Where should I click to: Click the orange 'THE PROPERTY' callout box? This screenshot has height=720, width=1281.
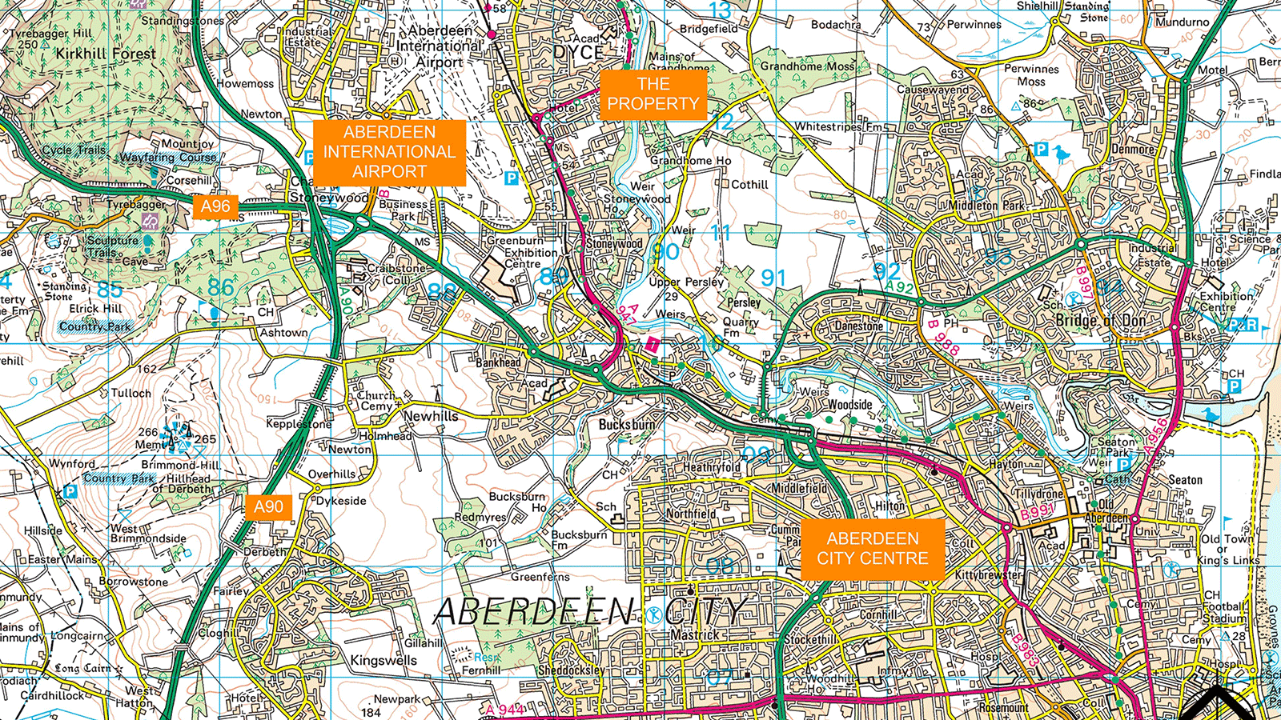click(653, 94)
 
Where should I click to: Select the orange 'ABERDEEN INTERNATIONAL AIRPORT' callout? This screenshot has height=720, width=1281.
click(389, 152)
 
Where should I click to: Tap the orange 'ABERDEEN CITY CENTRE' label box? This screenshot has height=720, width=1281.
click(873, 549)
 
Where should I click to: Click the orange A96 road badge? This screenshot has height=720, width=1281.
click(215, 206)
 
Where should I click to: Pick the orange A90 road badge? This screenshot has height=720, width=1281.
click(268, 506)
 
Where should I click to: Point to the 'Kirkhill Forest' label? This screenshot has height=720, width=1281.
click(106, 54)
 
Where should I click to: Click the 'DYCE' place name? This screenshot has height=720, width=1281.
click(578, 53)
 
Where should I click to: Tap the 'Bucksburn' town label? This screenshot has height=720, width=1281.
click(626, 424)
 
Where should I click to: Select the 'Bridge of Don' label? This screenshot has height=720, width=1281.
click(1102, 321)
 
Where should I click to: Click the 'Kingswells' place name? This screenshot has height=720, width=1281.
click(383, 661)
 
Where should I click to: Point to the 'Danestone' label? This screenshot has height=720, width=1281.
click(858, 326)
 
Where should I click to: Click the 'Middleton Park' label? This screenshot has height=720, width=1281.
click(986, 206)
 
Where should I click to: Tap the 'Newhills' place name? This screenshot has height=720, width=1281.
click(431, 416)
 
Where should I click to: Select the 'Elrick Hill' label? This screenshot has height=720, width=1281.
click(95, 308)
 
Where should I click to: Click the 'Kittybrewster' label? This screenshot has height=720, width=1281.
click(988, 575)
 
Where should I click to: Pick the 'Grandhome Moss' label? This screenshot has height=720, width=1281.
click(807, 66)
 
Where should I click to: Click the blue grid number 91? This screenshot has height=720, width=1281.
click(773, 278)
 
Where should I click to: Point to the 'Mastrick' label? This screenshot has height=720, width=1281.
click(694, 635)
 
